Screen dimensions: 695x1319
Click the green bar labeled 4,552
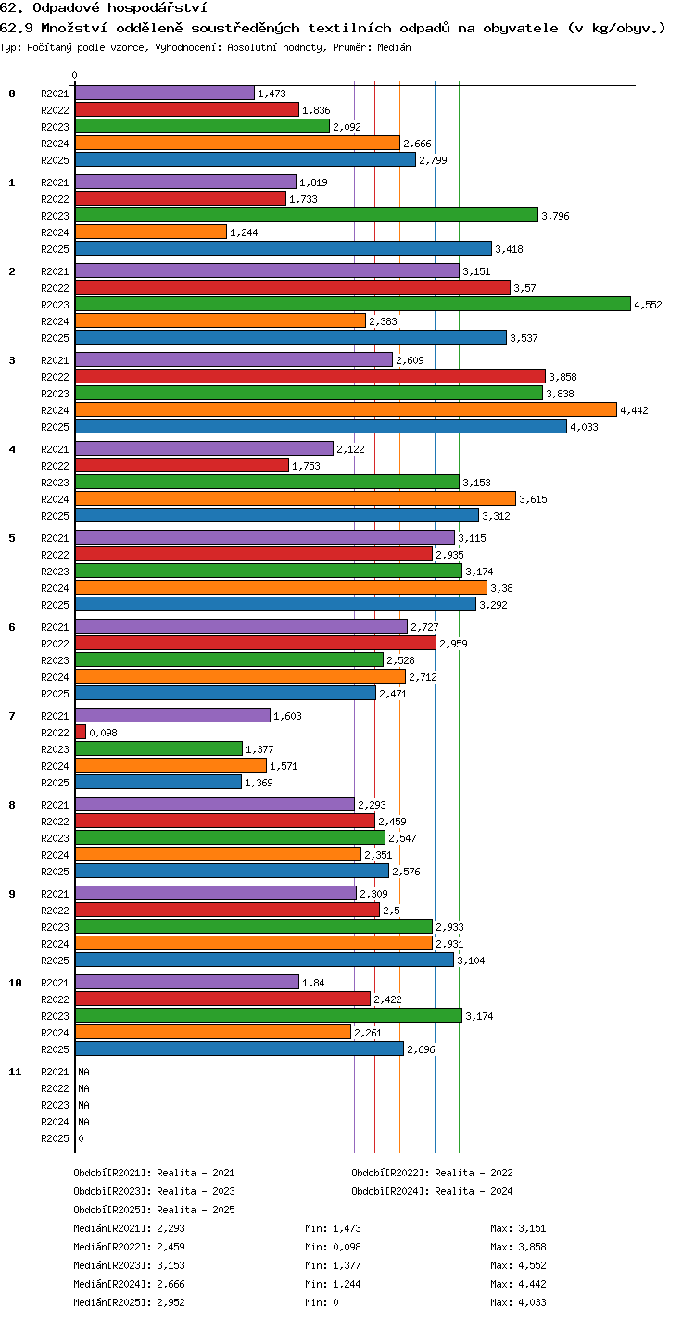(x=353, y=304)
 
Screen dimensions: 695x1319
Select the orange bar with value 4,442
(x=347, y=409)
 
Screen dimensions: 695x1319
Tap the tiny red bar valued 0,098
(x=81, y=732)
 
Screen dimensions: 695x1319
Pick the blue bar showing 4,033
(x=321, y=426)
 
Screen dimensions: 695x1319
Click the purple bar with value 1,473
(x=165, y=93)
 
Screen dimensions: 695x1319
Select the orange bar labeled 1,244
(x=151, y=232)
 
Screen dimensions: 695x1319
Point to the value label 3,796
(x=555, y=216)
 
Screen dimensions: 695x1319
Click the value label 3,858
(x=562, y=377)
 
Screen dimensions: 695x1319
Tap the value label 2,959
(x=453, y=644)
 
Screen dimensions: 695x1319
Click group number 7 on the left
(x=12, y=716)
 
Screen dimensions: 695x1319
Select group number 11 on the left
(x=15, y=1072)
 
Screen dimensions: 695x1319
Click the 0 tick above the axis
(x=75, y=75)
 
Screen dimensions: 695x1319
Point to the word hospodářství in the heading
(x=158, y=8)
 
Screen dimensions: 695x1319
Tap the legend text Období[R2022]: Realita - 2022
(x=433, y=1173)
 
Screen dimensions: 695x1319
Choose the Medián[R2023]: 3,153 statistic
(x=129, y=1265)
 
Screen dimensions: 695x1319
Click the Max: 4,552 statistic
(x=518, y=1265)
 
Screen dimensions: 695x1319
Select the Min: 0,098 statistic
(x=333, y=1247)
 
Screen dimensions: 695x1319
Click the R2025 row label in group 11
(x=55, y=1138)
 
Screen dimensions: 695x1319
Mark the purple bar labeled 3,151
(x=268, y=270)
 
